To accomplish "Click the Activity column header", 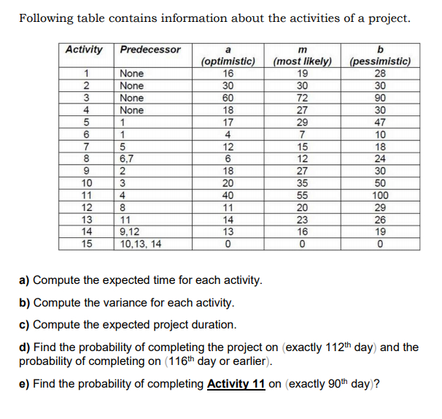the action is tap(84, 50).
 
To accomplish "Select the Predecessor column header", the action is tap(150, 50).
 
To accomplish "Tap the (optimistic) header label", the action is tap(228, 62).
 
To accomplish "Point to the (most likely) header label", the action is tap(302, 62).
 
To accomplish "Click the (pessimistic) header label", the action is tap(380, 62).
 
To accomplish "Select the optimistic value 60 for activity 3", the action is tap(228, 98).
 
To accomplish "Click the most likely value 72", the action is tap(302, 98).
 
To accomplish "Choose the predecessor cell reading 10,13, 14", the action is tap(142, 245).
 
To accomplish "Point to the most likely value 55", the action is tap(302, 196).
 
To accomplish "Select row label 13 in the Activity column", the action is tap(85, 220).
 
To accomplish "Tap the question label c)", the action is tap(26, 324).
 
